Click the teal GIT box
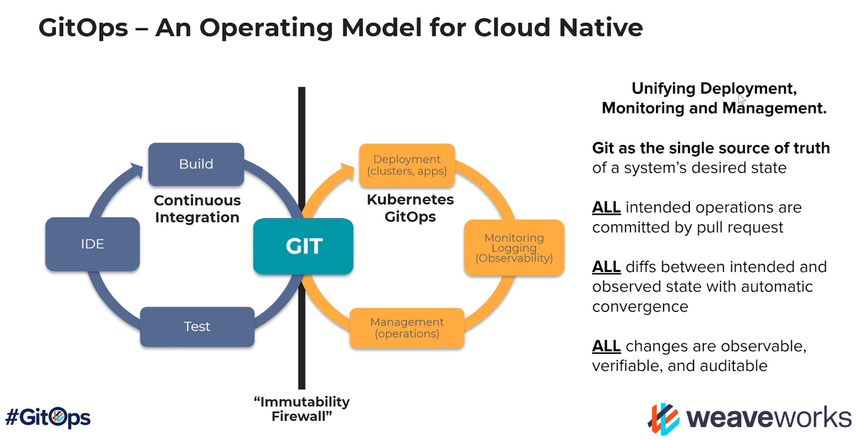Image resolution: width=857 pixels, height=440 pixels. point(303,246)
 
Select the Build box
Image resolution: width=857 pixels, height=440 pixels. point(196,164)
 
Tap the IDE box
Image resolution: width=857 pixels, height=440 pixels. point(92,244)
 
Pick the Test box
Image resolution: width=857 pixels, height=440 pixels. point(197,327)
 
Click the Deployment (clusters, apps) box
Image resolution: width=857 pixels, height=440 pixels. point(407,165)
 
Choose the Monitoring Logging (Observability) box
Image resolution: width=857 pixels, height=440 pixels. point(514,248)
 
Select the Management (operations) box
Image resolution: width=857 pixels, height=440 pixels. point(407,328)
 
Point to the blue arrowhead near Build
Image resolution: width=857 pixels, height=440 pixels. point(137,170)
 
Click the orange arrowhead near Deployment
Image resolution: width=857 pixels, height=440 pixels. point(348,171)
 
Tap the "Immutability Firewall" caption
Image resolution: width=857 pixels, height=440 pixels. point(302,408)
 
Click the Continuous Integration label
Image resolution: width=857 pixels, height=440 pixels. point(197,209)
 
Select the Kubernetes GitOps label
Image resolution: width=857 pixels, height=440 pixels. point(410,208)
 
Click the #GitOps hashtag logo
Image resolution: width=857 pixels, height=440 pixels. point(48,417)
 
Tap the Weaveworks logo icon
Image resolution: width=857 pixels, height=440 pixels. point(664,419)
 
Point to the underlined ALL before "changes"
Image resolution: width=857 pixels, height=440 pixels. point(606,346)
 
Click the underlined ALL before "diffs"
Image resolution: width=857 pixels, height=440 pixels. point(606,267)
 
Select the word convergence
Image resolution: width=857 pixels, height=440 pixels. point(640,307)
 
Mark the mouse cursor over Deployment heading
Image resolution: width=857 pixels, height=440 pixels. point(742,100)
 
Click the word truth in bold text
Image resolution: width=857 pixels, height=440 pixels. point(811,148)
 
